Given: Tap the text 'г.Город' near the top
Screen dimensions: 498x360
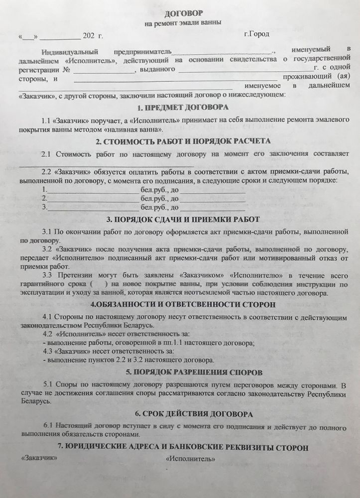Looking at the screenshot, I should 256,34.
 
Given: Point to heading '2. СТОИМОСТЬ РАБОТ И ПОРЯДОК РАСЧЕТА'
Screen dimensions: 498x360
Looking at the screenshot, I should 183,141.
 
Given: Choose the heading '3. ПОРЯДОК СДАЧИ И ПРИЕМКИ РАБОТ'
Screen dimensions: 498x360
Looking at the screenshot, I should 183,219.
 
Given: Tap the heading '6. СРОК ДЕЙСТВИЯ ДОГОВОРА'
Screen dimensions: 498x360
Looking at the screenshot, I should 183,414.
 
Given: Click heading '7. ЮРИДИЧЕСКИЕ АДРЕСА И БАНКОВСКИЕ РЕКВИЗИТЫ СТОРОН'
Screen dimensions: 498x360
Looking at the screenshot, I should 183,447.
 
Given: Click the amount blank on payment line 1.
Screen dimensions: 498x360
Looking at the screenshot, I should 93,191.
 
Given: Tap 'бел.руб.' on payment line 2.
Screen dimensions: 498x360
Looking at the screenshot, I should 154,199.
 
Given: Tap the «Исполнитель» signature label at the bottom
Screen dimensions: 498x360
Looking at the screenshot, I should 191,459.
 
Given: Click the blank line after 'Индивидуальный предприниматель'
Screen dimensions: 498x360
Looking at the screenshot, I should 223,52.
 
